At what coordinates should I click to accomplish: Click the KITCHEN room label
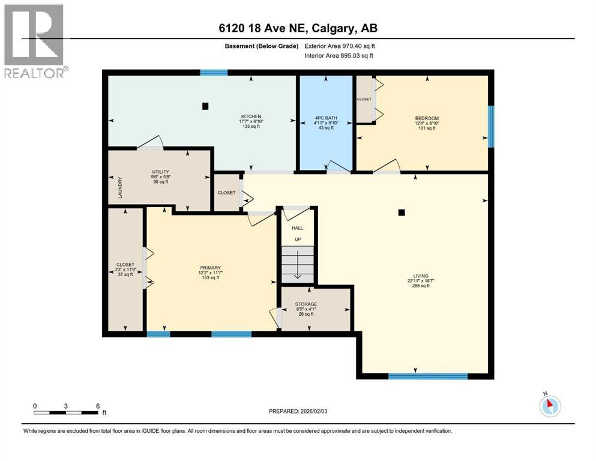(251, 116)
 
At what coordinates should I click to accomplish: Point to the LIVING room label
(420, 277)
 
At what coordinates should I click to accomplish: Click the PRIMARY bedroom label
(211, 268)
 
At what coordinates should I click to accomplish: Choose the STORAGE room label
(306, 304)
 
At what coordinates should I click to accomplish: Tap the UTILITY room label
(160, 172)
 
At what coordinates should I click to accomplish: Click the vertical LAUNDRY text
(120, 187)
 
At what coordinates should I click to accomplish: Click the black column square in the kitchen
(205, 106)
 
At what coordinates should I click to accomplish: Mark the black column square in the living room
(402, 212)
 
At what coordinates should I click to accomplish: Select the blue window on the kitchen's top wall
(214, 73)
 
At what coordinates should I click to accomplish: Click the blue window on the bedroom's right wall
(490, 126)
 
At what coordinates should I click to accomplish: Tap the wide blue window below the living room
(427, 376)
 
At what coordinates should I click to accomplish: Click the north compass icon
(549, 406)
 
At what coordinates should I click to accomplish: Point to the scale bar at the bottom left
(66, 412)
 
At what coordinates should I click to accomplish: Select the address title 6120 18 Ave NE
(298, 28)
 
